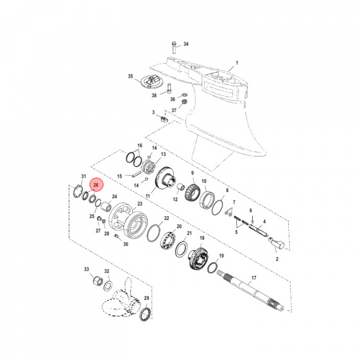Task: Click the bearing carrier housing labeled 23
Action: click(129, 221)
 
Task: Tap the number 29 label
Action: click(146, 298)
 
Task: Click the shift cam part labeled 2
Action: click(277, 246)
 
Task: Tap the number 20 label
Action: click(179, 227)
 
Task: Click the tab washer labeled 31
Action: click(77, 192)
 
